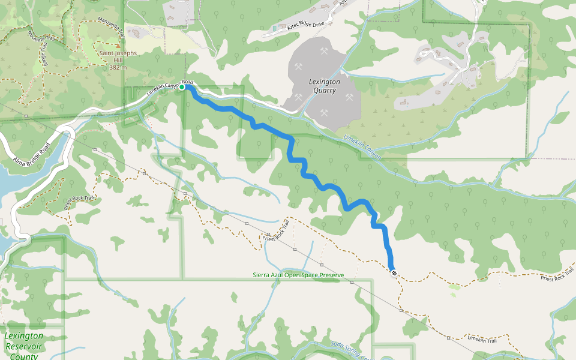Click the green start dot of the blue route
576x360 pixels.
coord(182,88)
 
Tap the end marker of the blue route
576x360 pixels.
coord(394,274)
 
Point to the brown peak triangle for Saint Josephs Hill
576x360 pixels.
coord(118,45)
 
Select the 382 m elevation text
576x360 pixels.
coord(118,68)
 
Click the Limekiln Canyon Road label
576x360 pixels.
coord(170,89)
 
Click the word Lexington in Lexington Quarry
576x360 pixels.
coord(324,82)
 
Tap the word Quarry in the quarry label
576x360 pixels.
coord(324,91)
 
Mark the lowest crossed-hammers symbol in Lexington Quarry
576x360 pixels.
coord(324,112)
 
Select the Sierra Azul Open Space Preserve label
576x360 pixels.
coord(298,275)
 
